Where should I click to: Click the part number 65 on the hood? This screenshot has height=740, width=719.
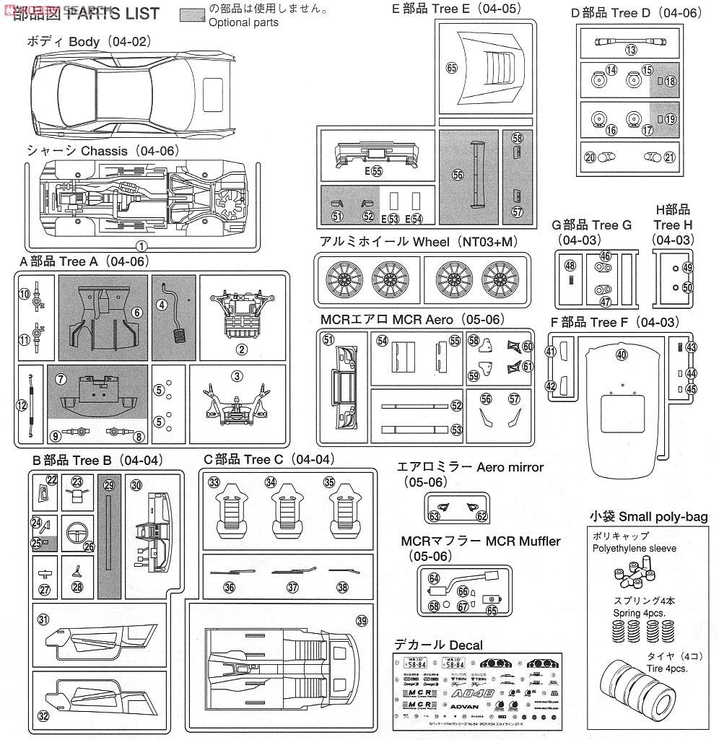click(452, 68)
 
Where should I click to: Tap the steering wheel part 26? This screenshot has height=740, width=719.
click(78, 535)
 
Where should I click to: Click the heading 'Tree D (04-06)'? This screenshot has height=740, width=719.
click(636, 13)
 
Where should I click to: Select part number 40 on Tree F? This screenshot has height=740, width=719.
click(622, 354)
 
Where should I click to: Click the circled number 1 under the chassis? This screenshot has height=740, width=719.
click(141, 246)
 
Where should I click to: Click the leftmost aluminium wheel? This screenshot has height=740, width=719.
click(341, 280)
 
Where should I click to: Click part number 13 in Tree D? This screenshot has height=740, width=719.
click(631, 50)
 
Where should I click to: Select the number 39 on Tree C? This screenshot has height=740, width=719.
click(361, 621)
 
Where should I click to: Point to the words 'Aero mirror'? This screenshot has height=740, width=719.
click(510, 467)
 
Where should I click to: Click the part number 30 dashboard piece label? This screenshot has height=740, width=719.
click(136, 486)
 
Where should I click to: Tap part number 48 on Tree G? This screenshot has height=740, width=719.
click(570, 266)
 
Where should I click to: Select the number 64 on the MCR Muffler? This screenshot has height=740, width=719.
click(433, 578)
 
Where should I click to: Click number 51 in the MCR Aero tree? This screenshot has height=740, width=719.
click(328, 340)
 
